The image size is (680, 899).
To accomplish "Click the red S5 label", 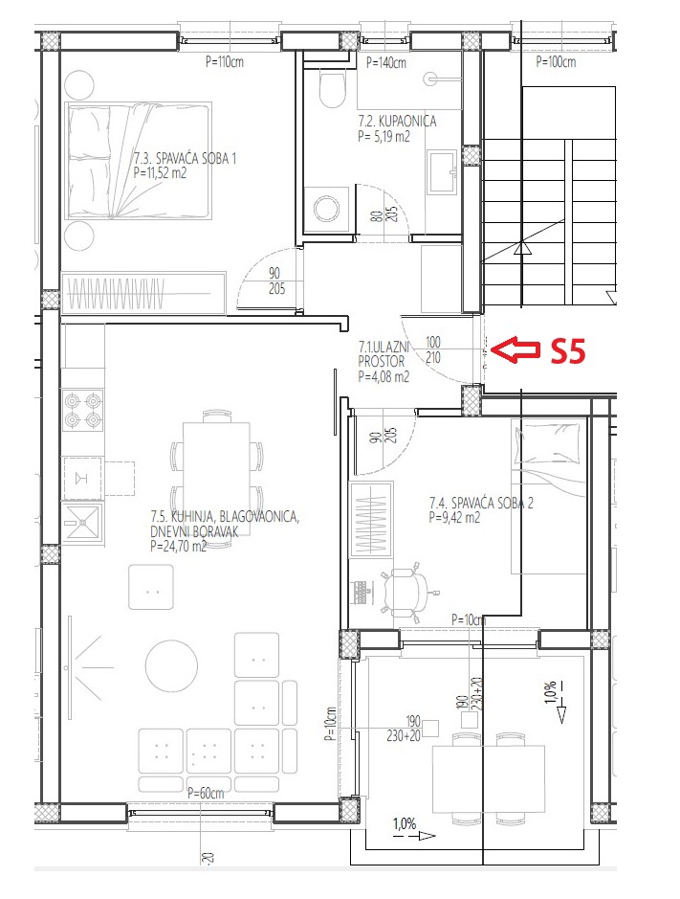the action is (568, 350).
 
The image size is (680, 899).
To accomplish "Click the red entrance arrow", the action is (515, 349).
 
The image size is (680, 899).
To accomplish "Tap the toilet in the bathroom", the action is (332, 88).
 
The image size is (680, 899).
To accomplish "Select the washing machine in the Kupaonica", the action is (326, 210).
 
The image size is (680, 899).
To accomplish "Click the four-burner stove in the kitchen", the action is (82, 411).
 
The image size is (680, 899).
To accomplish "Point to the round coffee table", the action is (171, 665).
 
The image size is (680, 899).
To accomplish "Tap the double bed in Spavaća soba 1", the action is (138, 161).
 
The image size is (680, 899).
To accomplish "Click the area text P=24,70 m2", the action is (178, 547).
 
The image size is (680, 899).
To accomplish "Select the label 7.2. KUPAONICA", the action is (397, 121).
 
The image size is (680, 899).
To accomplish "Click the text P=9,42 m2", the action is (454, 518).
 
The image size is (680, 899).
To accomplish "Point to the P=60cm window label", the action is (206, 793).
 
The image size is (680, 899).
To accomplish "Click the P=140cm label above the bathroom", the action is (386, 63).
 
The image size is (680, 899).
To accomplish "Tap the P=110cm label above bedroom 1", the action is (225, 61).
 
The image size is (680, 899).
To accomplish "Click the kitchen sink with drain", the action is (82, 523).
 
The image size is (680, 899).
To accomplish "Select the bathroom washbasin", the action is (442, 172).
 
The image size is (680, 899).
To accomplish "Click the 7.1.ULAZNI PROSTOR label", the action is (384, 354).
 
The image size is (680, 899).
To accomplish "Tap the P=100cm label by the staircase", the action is (556, 62).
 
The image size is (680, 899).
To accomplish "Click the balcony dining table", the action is (488, 778).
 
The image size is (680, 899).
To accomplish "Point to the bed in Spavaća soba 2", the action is (549, 497).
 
